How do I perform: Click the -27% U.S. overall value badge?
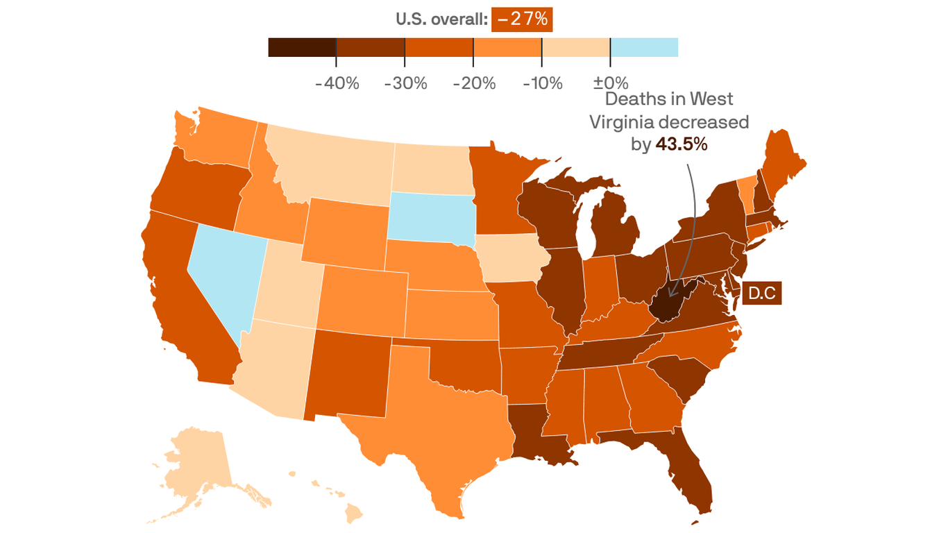click(522, 19)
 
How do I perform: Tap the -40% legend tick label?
click(337, 84)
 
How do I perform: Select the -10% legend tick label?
click(542, 84)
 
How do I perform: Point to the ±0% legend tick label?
click(611, 84)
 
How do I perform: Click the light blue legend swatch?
click(644, 47)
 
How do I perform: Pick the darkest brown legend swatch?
click(302, 47)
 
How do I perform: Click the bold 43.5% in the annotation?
click(681, 144)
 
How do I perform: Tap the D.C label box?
click(761, 293)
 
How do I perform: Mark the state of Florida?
click(687, 472)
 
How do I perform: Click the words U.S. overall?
click(441, 19)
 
